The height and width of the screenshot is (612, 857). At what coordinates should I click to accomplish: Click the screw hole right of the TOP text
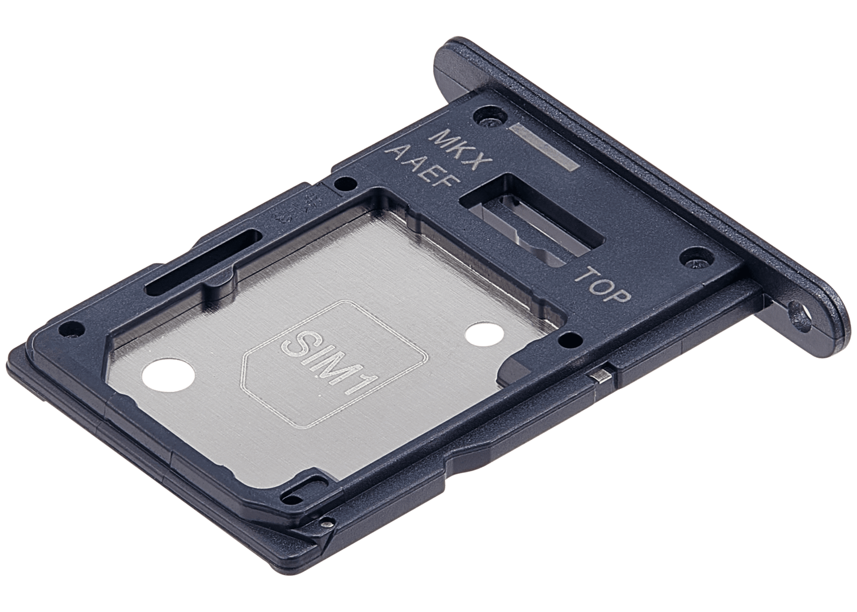(692, 257)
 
